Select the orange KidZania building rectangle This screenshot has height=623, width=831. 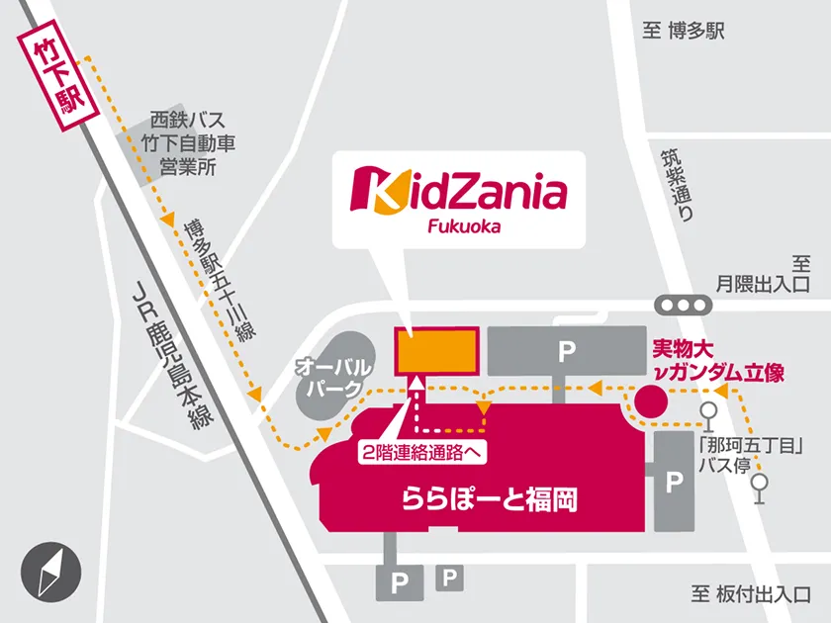[x=435, y=351]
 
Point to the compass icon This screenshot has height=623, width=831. [x=48, y=572]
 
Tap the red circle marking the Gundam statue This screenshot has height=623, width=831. [x=649, y=400]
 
